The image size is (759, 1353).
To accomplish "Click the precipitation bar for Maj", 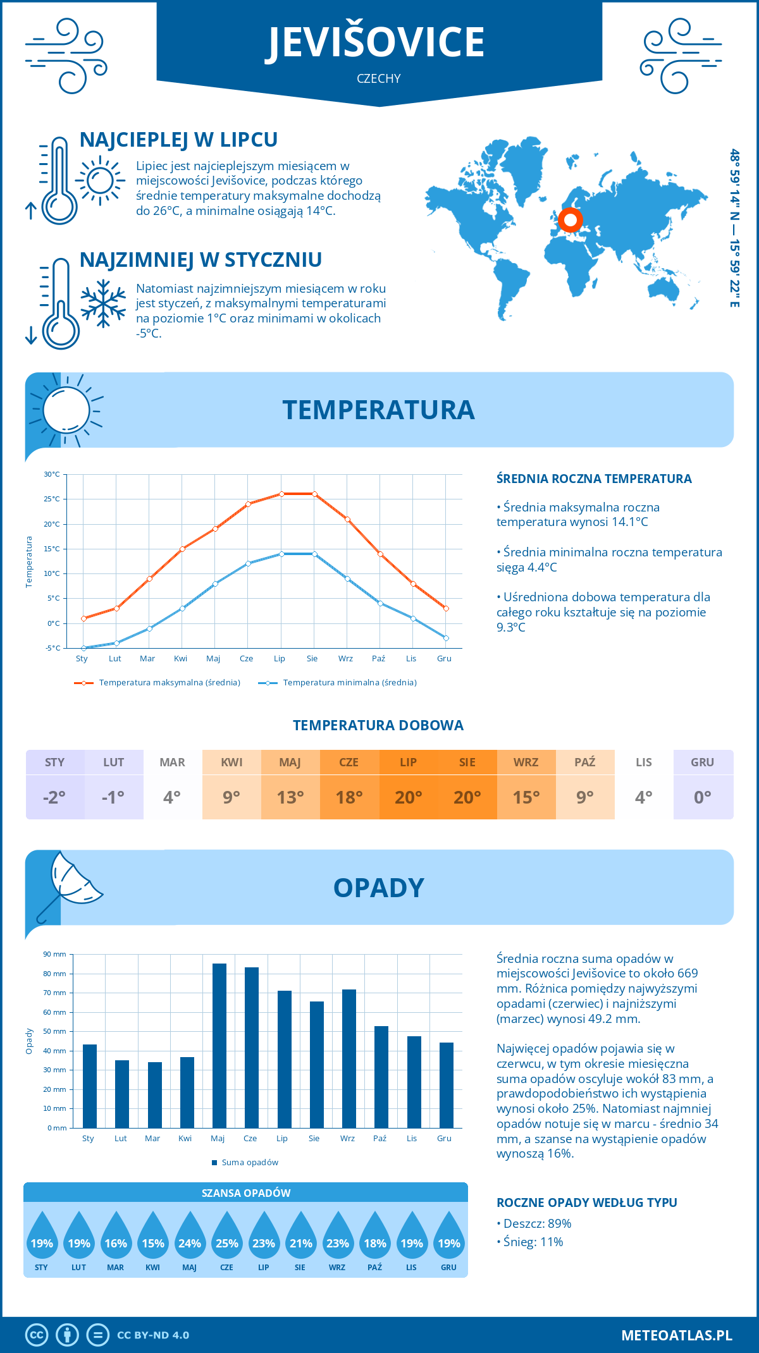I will pyautogui.click(x=219, y=1046).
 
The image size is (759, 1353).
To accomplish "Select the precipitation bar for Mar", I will pyautogui.click(x=154, y=1095).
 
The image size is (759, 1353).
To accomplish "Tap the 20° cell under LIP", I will pyautogui.click(x=408, y=797).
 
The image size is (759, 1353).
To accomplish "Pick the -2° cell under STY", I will pyautogui.click(x=54, y=797).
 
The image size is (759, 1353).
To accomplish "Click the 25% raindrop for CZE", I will pyautogui.click(x=226, y=1239).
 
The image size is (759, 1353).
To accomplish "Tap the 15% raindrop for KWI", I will pyautogui.click(x=153, y=1239).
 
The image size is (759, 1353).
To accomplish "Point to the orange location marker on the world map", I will pyautogui.click(x=571, y=220).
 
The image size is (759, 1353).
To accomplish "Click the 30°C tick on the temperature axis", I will pyautogui.click(x=52, y=474).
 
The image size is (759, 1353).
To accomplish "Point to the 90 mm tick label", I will pyautogui.click(x=55, y=954).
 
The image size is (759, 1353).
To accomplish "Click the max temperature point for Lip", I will pyautogui.click(x=281, y=494).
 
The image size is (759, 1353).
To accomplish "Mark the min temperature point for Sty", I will pyautogui.click(x=83, y=648).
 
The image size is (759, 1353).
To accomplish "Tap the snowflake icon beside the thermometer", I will pyautogui.click(x=103, y=303).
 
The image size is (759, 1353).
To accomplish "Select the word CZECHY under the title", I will pyautogui.click(x=379, y=78).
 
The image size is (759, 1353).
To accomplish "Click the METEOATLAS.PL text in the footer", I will pyautogui.click(x=677, y=1335).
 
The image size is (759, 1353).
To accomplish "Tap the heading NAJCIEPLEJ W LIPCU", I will pyautogui.click(x=178, y=140).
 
